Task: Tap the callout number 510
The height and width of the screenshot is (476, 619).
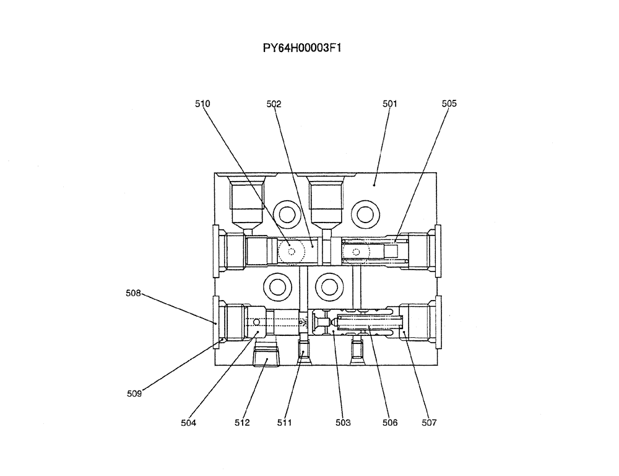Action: (202, 104)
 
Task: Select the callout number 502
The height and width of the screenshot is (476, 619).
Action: (274, 104)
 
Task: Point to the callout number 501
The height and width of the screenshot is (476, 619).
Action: (389, 104)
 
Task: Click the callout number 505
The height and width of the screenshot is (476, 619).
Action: (449, 104)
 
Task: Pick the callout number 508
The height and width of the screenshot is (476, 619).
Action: (134, 293)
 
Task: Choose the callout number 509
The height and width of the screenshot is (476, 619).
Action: (134, 393)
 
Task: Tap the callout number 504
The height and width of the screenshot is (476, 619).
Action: (188, 423)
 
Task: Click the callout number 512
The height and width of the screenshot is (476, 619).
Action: (242, 423)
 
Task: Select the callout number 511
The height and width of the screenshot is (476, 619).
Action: (284, 423)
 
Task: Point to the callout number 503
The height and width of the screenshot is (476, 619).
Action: (343, 423)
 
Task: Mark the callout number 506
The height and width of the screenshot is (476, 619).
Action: (390, 423)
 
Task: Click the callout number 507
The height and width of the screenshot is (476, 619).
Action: (429, 423)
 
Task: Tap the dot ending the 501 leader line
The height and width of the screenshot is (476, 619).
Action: (374, 184)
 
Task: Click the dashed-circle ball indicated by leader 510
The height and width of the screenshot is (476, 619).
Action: (292, 252)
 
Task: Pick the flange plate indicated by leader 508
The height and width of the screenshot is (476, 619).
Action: (215, 319)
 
